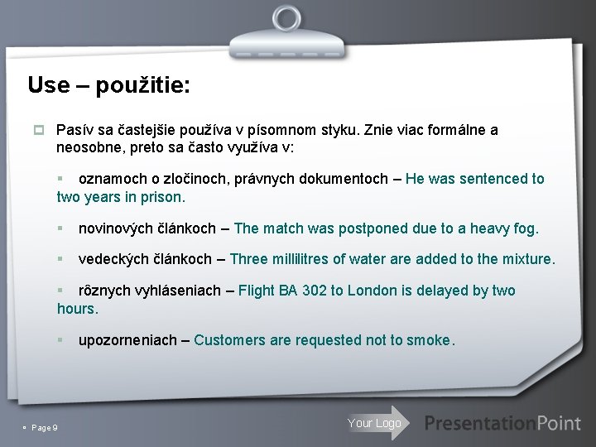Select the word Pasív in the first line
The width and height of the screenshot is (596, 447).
[x=74, y=130]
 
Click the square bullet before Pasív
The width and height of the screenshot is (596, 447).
[x=38, y=130]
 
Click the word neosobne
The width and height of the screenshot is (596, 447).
[x=87, y=148]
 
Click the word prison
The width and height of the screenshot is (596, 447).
[x=166, y=197]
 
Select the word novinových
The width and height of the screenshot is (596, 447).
[x=112, y=228]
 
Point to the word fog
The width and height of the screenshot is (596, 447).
[x=526, y=228]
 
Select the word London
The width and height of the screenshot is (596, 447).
[x=373, y=291]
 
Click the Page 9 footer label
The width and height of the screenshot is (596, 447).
[x=41, y=427]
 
